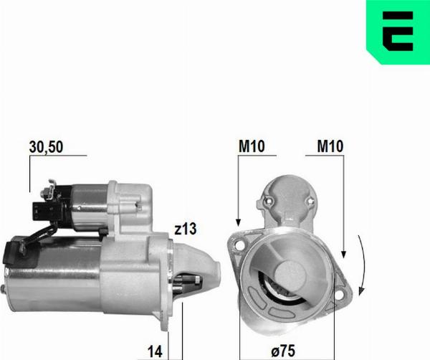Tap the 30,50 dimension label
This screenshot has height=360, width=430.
47,146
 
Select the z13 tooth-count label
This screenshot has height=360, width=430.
185,229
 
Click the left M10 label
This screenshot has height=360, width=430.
252,146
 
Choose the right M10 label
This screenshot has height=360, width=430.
330,146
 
